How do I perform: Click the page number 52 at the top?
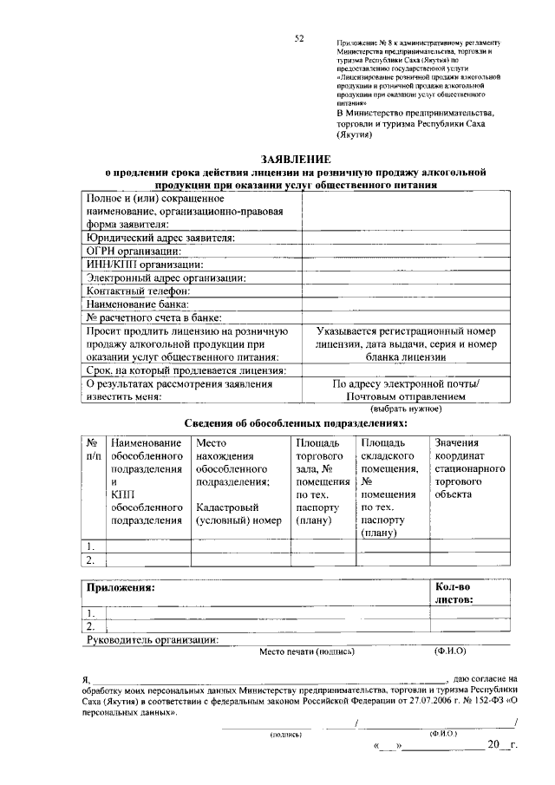(299, 38)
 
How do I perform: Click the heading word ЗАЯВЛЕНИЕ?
(297, 159)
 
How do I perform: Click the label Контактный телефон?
(143, 291)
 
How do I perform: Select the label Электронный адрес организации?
(166, 278)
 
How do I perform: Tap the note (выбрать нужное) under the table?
(406, 408)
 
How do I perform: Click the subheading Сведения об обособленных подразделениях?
(296, 423)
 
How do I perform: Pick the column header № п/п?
(94, 448)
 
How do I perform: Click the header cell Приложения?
(120, 588)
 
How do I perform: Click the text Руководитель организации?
(153, 640)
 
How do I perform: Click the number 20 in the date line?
(493, 744)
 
